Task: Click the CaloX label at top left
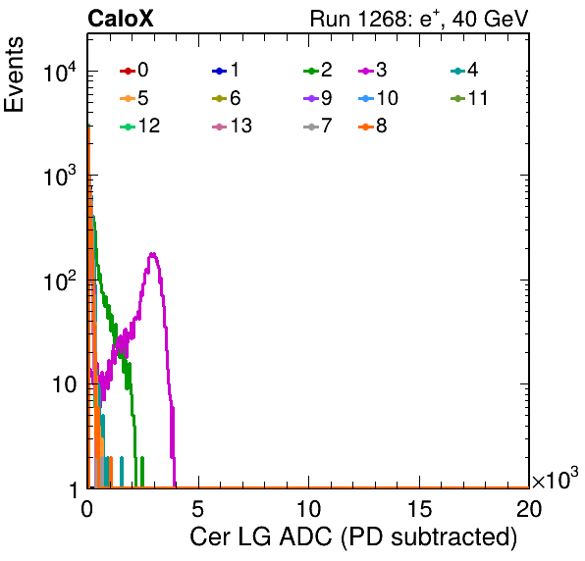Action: pyautogui.click(x=121, y=19)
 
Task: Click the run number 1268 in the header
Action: pyautogui.click(x=385, y=19)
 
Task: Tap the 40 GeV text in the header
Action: pyautogui.click(x=491, y=19)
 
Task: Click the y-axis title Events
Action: pyautogui.click(x=14, y=75)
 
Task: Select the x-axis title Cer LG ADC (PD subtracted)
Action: pyautogui.click(x=353, y=536)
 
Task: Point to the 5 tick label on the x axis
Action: pyautogui.click(x=197, y=508)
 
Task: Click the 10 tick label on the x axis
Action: pyautogui.click(x=308, y=508)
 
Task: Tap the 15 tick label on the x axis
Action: pyautogui.click(x=419, y=508)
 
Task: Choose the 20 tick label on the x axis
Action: pyautogui.click(x=529, y=508)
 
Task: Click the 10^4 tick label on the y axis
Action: pyautogui.click(x=60, y=72)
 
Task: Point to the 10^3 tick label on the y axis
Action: pyautogui.click(x=60, y=176)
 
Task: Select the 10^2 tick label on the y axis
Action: pyautogui.click(x=60, y=280)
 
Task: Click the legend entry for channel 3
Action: pyautogui.click(x=373, y=70)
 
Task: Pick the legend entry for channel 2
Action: pyautogui.click(x=318, y=70)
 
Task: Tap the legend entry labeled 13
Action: pyautogui.click(x=232, y=126)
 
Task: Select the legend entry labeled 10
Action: pyautogui.click(x=378, y=98)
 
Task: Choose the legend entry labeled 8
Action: pyautogui.click(x=373, y=126)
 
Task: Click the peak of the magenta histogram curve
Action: pyautogui.click(x=152, y=254)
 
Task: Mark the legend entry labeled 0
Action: pyautogui.click(x=133, y=70)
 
